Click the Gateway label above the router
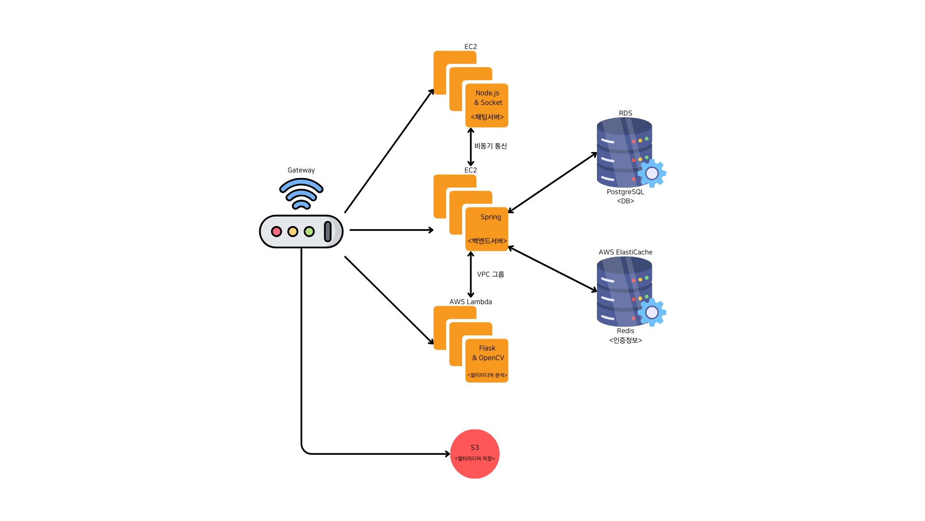coord(301,170)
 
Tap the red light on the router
coord(277,232)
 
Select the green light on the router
coord(309,232)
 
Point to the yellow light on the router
coord(293,232)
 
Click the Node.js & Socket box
coord(487,105)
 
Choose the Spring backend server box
coord(487,229)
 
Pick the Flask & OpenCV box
coord(487,360)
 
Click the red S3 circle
coord(475,454)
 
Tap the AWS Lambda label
coord(471,302)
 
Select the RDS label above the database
coord(625,113)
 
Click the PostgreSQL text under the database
coord(625,192)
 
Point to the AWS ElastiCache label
coord(625,252)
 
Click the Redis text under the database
coord(625,331)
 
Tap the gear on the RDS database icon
coord(652,173)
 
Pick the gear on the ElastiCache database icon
coord(652,312)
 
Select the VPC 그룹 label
coord(490,274)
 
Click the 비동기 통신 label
coord(490,146)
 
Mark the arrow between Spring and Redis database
coord(553,269)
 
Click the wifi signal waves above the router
coord(301,193)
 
